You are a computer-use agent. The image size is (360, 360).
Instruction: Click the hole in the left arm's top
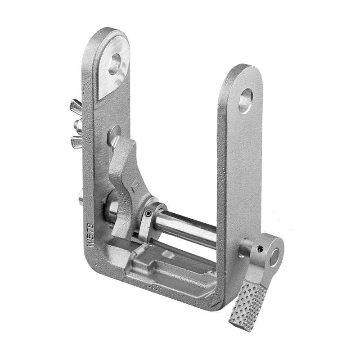(115, 63)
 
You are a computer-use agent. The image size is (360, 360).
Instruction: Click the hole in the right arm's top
(245, 100)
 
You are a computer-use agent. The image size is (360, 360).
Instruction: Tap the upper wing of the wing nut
(76, 107)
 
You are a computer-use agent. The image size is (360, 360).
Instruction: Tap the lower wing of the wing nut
(76, 143)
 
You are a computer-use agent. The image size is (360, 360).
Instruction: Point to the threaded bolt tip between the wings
(78, 126)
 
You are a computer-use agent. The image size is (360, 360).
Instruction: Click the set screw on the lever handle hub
(260, 247)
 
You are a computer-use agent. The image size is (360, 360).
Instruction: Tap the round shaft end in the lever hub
(274, 257)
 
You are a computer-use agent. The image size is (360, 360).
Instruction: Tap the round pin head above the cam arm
(113, 134)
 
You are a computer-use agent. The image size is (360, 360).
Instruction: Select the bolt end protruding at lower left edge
(81, 197)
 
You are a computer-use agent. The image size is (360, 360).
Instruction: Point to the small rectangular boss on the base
(168, 255)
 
